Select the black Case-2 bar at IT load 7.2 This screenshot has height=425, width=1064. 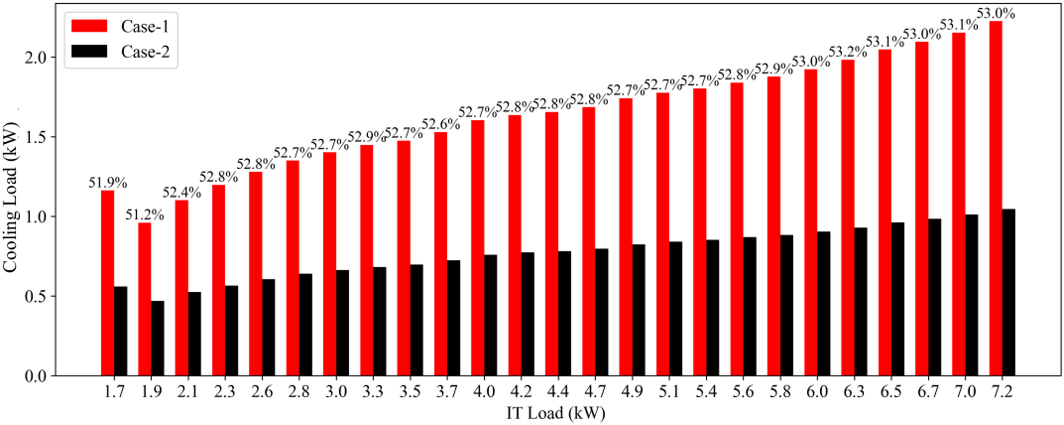pos(1008,292)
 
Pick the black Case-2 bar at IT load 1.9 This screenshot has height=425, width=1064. pos(157,338)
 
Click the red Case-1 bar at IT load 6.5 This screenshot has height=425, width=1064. pos(885,212)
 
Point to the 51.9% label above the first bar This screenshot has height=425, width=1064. pos(108,183)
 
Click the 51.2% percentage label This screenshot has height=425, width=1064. pos(145,215)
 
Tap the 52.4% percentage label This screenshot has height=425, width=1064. pos(182,193)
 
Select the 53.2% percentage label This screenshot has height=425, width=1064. pos(848,52)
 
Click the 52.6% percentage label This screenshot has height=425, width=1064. pos(441,124)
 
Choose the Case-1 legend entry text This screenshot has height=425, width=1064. pos(145,27)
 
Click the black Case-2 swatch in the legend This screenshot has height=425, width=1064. pos(89,51)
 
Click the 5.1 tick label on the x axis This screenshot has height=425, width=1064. pos(669,392)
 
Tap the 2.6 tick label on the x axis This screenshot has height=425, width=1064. pos(262,392)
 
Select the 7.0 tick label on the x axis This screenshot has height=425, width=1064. pos(965,392)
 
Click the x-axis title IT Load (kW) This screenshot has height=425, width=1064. pos(555,413)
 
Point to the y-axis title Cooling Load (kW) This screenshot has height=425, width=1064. pos(11,197)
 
